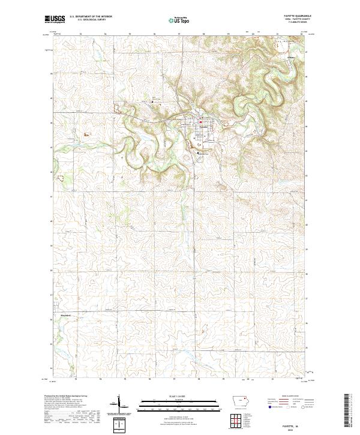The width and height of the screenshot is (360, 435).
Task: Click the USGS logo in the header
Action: (55, 19)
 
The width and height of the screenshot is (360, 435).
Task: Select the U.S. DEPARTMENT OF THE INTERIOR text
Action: (91, 17)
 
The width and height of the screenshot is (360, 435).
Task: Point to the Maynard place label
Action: (63, 314)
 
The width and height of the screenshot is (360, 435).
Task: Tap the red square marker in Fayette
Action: (200, 124)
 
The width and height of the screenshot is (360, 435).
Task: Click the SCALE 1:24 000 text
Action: (170, 396)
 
